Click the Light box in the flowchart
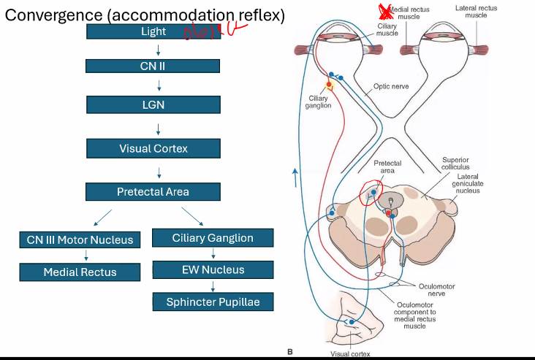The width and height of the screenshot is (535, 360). pos(153,31)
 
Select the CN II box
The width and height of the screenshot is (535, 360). pos(153,66)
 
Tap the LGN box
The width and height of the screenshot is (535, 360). pos(153,104)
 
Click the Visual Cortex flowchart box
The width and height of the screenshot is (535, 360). pos(153,148)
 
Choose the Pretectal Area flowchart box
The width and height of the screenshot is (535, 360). pos(153,192)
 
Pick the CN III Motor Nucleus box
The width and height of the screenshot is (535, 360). pos(80,240)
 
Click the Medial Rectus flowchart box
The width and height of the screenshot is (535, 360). pos(80,272)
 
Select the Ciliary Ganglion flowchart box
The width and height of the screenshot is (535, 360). pos(213,237)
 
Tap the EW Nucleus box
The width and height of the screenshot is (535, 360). pos(213,269)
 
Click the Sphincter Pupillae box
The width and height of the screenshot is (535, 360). pos(213,302)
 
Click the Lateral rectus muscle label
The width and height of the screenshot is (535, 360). pos(476,11)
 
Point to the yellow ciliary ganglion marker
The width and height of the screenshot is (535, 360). pos(330,85)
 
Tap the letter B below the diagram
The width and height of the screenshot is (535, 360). pos(289,352)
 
